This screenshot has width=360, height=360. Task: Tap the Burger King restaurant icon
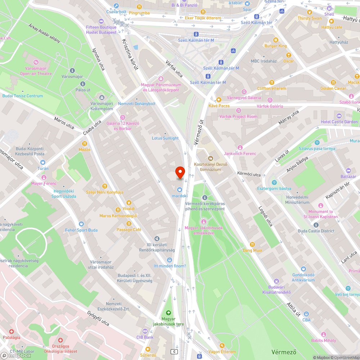[276, 40]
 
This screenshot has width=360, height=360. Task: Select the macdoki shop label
[180, 196]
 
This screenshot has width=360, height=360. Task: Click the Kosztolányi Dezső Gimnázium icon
[211, 158]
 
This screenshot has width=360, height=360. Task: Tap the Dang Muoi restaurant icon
[252, 244]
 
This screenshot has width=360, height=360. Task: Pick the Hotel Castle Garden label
[339, 122]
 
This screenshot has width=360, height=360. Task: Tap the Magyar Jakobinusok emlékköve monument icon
[204, 222]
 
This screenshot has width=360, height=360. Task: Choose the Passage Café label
[129, 230]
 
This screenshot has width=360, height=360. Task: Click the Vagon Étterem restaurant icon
[222, 346]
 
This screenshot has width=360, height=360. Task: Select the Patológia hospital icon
[12, 332]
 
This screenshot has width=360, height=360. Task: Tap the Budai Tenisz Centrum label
[22, 96]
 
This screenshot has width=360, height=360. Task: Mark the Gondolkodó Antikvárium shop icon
[303, 269]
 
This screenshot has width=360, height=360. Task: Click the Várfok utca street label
[174, 69]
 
